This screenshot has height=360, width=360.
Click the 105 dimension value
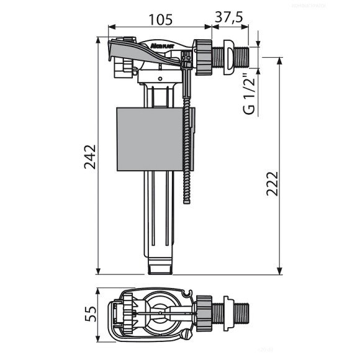pyautogui.click(x=160, y=19)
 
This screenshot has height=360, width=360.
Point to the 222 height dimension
pyautogui.click(x=271, y=183)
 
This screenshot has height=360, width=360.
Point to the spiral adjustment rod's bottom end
pyautogui.click(x=186, y=201)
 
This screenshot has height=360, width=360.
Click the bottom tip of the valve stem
pyautogui.click(x=160, y=268)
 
